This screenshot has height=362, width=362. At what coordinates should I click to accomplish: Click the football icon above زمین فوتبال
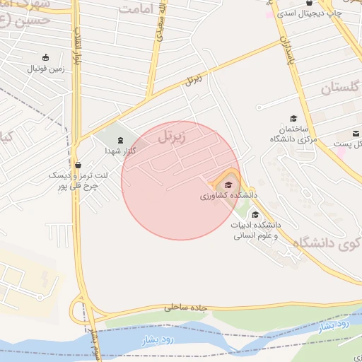pos(47,57)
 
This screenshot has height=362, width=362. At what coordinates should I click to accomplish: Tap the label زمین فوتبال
pos(47,69)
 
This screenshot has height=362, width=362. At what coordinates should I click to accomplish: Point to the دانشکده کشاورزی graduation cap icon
pos(227,184)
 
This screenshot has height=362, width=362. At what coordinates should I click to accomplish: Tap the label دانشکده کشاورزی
pos(228,195)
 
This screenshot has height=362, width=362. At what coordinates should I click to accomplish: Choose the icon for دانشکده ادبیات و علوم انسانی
pos(255,214)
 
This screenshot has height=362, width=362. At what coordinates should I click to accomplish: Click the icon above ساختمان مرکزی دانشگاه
pos(293,118)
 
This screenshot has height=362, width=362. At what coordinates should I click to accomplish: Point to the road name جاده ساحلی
pos(189,308)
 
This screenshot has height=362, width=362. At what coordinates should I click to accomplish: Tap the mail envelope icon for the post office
pos(356,134)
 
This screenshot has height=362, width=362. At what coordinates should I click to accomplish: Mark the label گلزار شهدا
pos(120,151)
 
